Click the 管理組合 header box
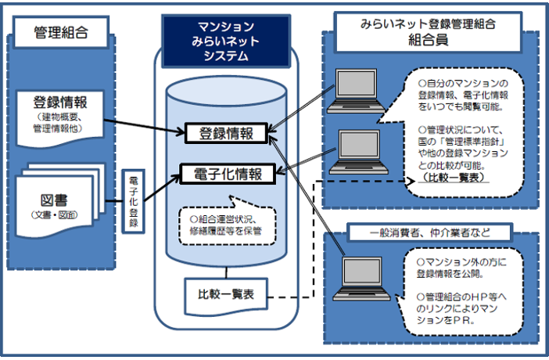pyautogui.click(x=60, y=33)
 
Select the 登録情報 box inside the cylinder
pyautogui.click(x=224, y=134)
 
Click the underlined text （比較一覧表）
pyautogui.click(x=455, y=178)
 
